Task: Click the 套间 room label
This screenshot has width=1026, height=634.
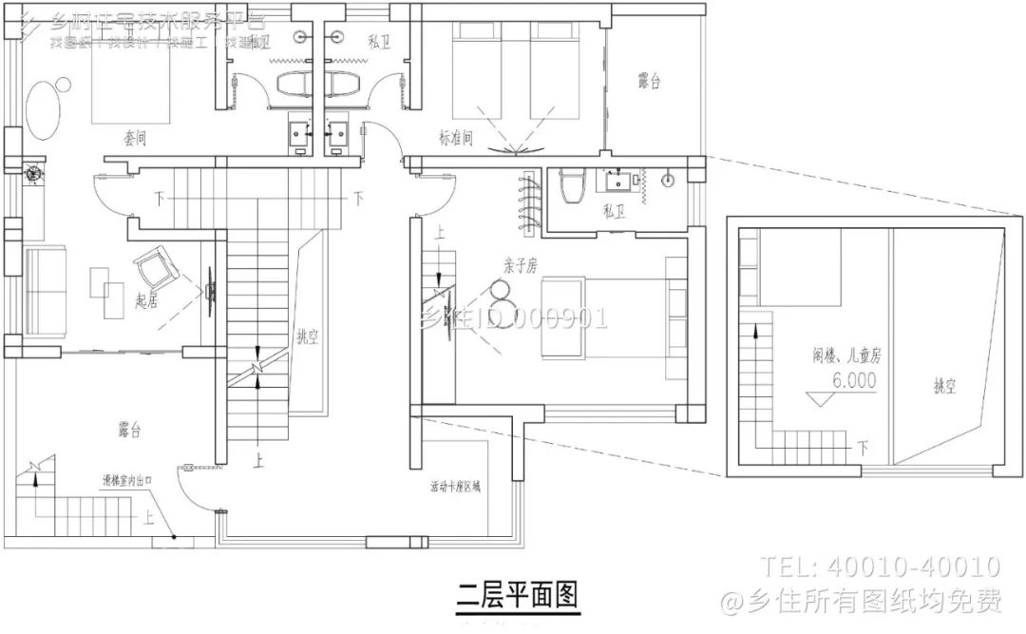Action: pyautogui.click(x=135, y=139)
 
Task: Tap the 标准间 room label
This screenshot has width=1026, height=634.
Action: pyautogui.click(x=456, y=139)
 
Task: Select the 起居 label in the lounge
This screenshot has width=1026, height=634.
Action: pyautogui.click(x=146, y=300)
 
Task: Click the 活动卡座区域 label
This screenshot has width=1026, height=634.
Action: pyautogui.click(x=456, y=487)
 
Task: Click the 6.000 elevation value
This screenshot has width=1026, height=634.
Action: pyautogui.click(x=854, y=378)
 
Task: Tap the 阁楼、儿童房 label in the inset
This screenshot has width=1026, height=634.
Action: pyautogui.click(x=846, y=356)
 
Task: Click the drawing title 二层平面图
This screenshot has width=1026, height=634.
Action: pyautogui.click(x=517, y=596)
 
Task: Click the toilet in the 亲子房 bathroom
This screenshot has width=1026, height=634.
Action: pyautogui.click(x=570, y=187)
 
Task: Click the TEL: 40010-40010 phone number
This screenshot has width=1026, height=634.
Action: pyautogui.click(x=879, y=567)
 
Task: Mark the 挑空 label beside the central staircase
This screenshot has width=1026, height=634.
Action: pyautogui.click(x=307, y=336)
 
